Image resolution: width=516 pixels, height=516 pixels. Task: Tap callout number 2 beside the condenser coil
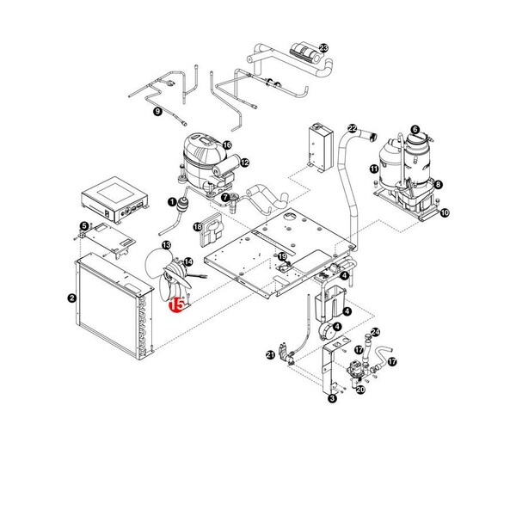pyautogui.click(x=72, y=298)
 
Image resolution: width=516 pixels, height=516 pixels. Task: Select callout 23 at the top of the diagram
pyautogui.click(x=323, y=47)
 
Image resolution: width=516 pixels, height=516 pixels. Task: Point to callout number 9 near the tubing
pyautogui.click(x=157, y=112)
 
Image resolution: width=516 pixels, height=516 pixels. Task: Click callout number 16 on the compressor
pyautogui.click(x=227, y=145)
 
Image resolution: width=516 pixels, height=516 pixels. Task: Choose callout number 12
pyautogui.click(x=244, y=162)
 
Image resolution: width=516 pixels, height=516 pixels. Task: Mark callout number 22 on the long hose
pyautogui.click(x=352, y=128)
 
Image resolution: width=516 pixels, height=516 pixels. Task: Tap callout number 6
pyautogui.click(x=415, y=131)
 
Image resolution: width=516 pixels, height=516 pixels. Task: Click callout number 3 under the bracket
pyautogui.click(x=333, y=397)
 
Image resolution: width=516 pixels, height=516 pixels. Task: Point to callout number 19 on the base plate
pyautogui.click(x=281, y=257)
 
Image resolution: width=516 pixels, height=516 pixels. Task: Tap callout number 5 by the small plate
pyautogui.click(x=83, y=226)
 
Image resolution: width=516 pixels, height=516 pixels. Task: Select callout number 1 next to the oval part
pyautogui.click(x=171, y=203)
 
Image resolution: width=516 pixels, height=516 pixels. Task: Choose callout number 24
pyautogui.click(x=374, y=332)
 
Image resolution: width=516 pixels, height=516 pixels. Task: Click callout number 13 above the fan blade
pyautogui.click(x=166, y=246)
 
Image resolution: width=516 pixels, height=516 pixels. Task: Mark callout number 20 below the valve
pyautogui.click(x=360, y=389)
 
